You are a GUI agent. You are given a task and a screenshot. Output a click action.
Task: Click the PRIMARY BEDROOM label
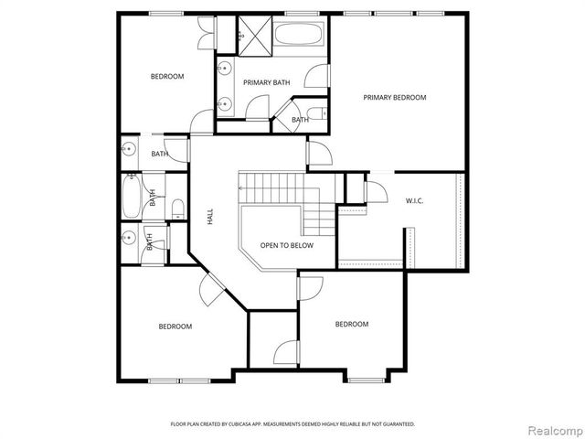[x=395, y=97]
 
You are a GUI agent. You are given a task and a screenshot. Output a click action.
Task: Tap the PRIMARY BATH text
[x=266, y=82]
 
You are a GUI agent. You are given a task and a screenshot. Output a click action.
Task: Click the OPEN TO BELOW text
[x=286, y=245]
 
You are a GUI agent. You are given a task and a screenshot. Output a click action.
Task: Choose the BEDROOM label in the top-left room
[x=167, y=76]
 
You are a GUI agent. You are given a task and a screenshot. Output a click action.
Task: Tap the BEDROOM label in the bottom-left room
[x=175, y=327]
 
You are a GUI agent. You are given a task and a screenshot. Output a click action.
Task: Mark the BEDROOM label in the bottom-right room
[x=351, y=324]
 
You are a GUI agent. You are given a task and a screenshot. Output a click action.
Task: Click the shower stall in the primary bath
[x=250, y=36]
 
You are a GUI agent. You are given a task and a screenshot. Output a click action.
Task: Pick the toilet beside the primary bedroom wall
[x=313, y=114]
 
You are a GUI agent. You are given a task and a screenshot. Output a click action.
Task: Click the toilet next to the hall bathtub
[x=177, y=207]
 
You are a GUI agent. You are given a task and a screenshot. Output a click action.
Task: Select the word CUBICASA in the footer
[x=242, y=424]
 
